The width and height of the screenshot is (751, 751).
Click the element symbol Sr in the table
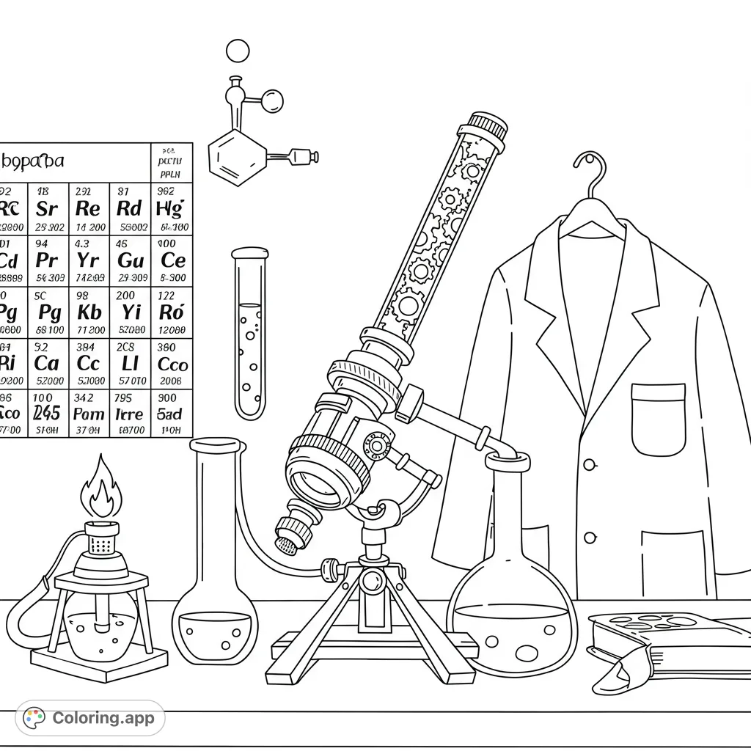coord(46,208)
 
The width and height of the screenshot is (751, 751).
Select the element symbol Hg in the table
coord(171,208)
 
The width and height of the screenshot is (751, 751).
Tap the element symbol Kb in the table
coord(89,312)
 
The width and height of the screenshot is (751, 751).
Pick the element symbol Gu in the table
coord(131,260)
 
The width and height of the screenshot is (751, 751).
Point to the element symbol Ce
coord(172,260)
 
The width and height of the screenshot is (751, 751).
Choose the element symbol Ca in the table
coord(46,363)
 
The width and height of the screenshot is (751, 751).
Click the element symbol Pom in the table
coord(89,414)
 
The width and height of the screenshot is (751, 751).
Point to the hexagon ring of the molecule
coord(237,155)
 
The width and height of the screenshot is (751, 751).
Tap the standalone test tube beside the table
coord(249,334)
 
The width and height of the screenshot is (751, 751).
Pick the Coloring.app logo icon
coord(34,718)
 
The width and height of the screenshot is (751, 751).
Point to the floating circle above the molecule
coord(238,51)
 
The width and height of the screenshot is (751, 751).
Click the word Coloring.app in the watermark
coord(103,718)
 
